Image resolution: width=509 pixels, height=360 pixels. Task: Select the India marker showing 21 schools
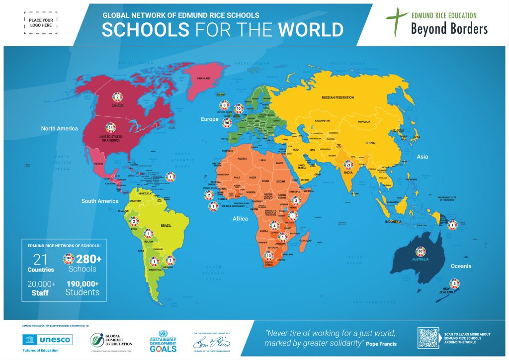349,165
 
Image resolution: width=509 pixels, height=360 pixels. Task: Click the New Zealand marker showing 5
455,283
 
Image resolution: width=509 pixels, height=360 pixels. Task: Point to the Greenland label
204,78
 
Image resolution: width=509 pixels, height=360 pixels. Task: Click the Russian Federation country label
338,97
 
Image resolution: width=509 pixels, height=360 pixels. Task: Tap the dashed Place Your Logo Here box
40,22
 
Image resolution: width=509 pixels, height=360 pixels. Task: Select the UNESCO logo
48,340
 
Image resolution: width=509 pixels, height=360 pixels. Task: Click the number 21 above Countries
40,259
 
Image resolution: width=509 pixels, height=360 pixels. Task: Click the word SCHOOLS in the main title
145,29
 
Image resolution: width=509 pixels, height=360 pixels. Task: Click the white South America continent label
100,201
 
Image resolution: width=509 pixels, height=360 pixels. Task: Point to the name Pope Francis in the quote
383,344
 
